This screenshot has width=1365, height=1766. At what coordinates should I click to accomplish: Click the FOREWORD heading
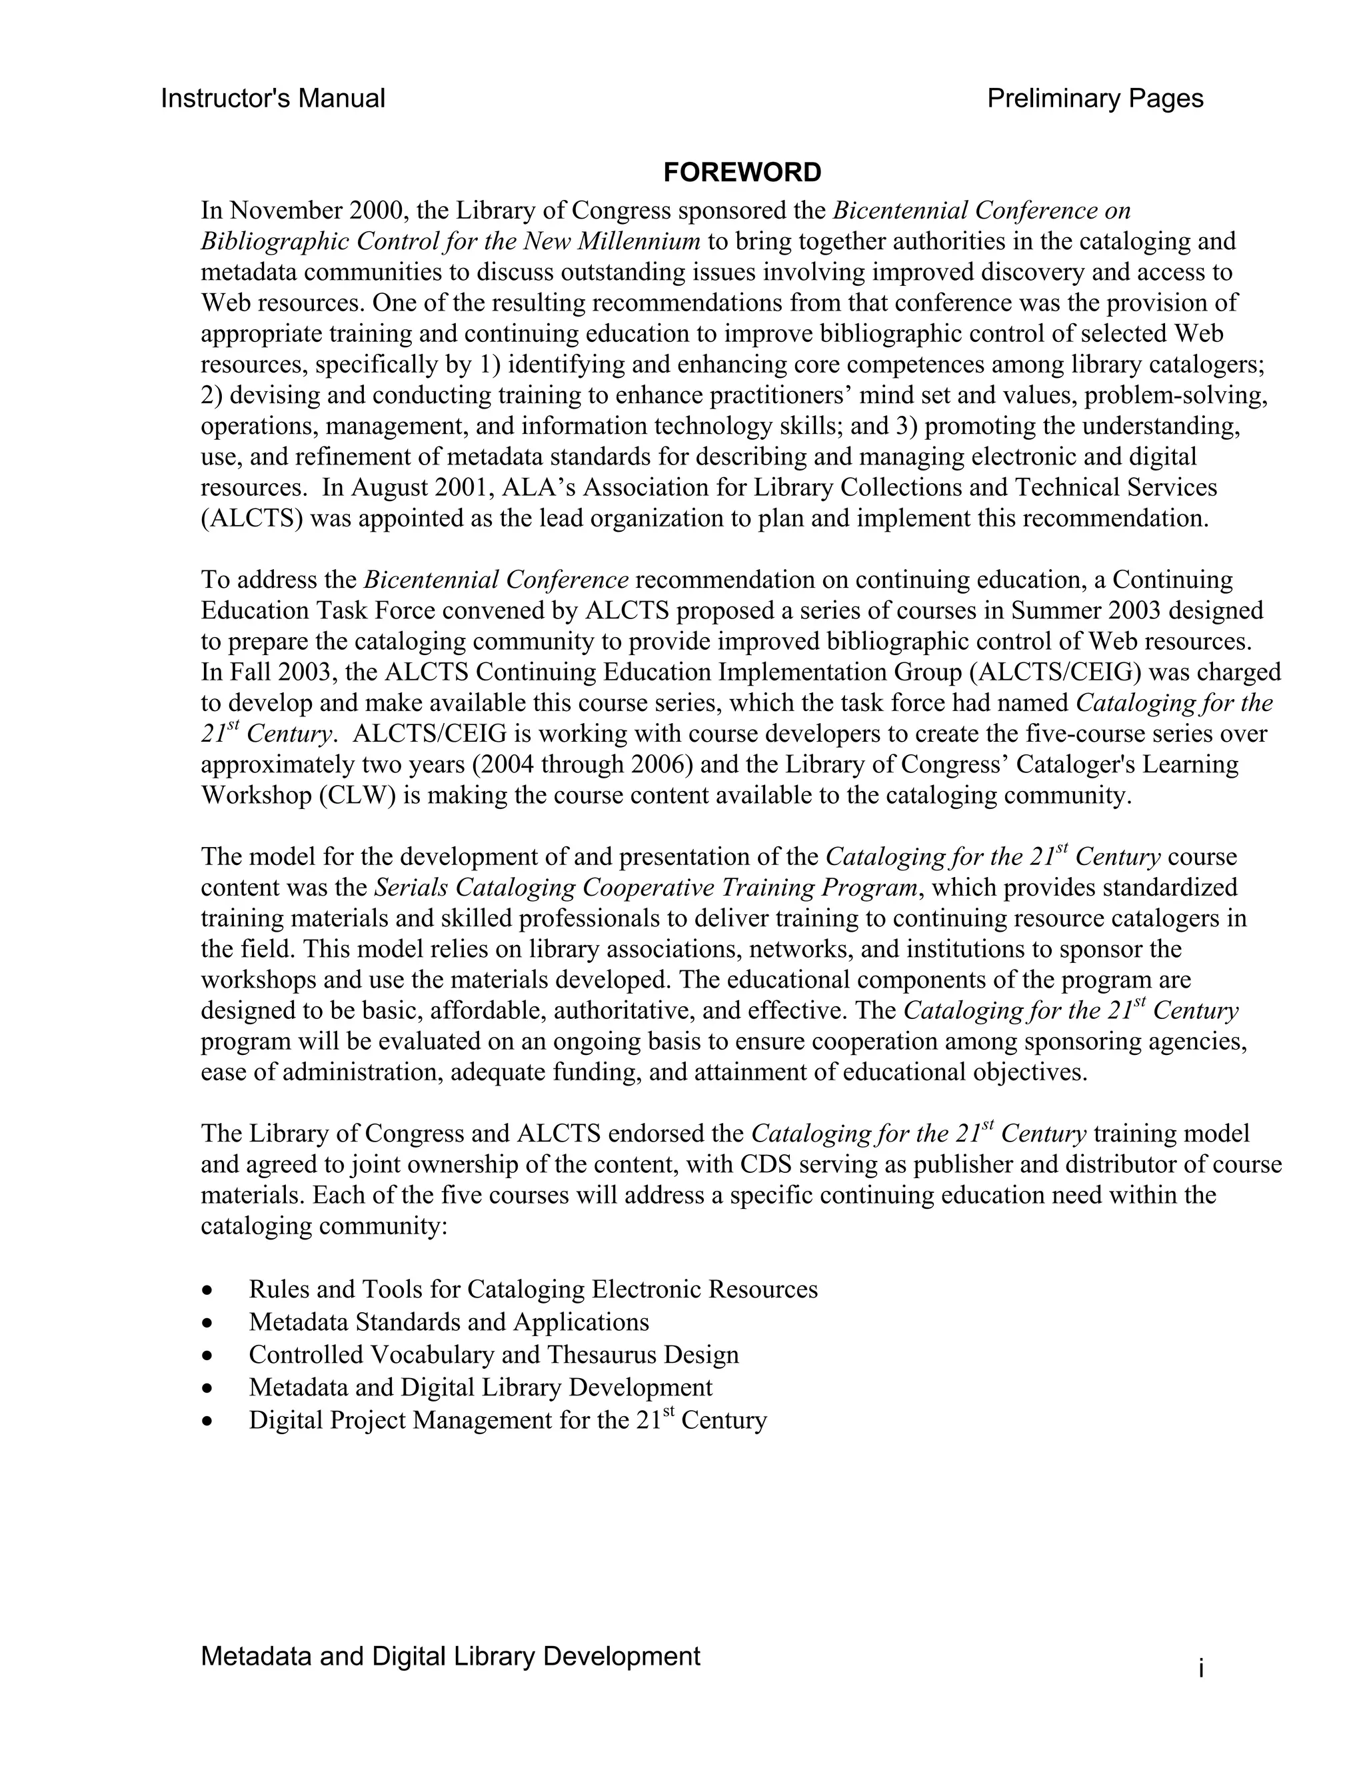(742, 172)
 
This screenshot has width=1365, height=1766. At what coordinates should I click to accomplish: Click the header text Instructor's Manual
(273, 99)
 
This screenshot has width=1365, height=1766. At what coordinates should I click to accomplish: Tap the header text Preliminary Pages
(1095, 99)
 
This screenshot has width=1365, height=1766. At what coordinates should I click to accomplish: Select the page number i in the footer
(1201, 1667)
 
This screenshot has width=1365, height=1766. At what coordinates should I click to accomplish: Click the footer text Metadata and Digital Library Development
(450, 1656)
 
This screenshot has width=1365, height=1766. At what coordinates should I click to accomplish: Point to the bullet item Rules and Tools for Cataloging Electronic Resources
(533, 1289)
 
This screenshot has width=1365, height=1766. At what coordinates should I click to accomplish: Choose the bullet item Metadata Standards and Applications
(449, 1322)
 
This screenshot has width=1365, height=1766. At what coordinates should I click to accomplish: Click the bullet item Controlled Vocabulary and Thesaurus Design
(493, 1354)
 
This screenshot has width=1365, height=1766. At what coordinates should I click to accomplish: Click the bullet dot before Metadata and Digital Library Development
(209, 1388)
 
